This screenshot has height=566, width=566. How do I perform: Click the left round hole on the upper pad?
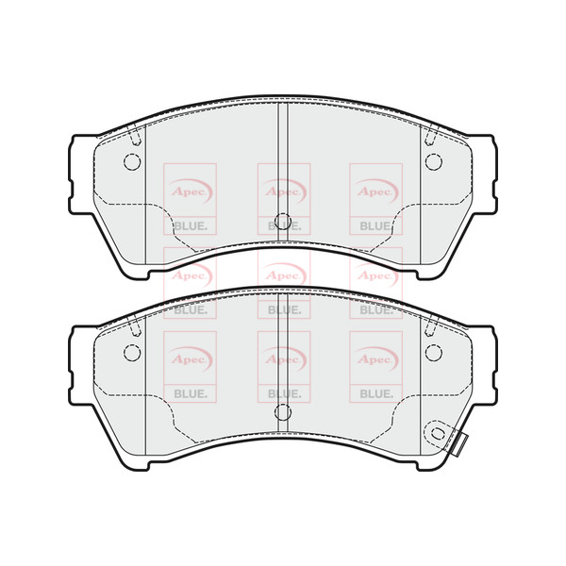click(132, 160)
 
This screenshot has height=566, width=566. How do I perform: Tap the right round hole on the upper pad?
click(434, 160)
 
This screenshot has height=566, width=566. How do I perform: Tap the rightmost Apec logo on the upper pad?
click(375, 190)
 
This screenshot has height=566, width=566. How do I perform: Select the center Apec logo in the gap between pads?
click(283, 275)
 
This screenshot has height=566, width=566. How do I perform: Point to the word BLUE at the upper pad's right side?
click(375, 226)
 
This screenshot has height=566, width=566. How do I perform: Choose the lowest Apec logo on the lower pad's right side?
click(375, 358)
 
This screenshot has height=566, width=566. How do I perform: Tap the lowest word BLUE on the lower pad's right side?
click(375, 392)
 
